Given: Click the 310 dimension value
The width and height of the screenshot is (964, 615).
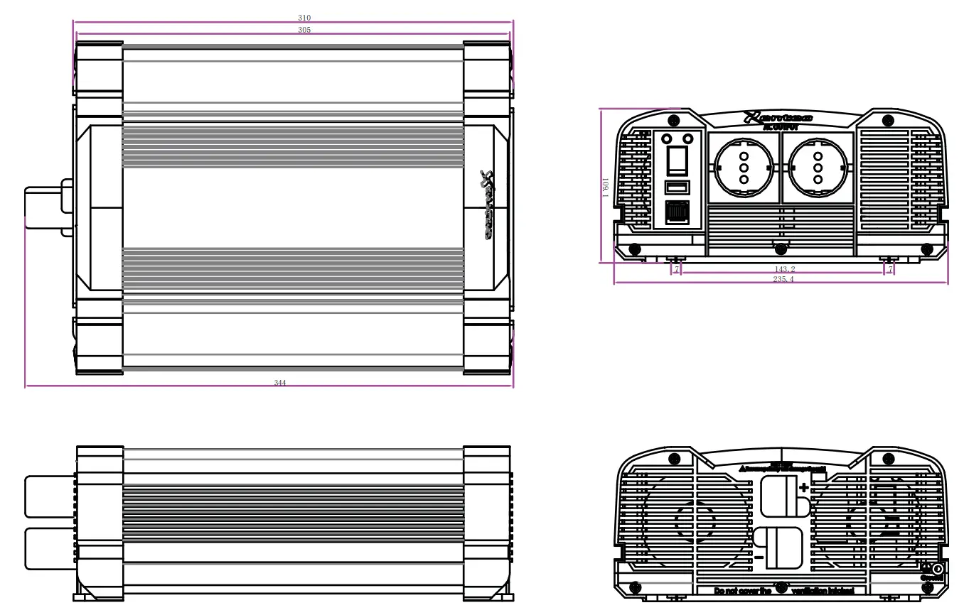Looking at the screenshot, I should tap(304, 17).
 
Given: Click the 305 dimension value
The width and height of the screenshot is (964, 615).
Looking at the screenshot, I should tap(304, 30).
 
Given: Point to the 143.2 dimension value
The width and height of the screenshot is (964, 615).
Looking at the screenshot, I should tap(784, 270).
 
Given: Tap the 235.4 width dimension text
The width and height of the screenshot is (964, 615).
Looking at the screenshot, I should tap(784, 280).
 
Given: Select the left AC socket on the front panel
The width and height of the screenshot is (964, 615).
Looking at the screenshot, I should tap(744, 168).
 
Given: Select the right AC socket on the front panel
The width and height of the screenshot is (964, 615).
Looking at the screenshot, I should tap(818, 168).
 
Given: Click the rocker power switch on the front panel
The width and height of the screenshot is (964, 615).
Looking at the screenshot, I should tap(677, 160).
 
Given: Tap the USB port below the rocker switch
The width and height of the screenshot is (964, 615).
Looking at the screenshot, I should tap(677, 187).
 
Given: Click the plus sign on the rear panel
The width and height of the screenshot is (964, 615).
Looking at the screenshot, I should tap(804, 487).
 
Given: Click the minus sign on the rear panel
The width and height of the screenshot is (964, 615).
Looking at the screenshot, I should tap(759, 557).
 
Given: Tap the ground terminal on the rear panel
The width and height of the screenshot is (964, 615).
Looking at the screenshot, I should tap(937, 569).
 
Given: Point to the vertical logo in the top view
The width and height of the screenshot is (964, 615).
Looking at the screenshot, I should tap(487, 206).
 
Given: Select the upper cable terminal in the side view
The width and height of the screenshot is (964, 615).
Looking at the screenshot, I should tap(50, 496).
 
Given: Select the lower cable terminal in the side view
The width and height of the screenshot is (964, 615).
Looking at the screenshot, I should tap(50, 548).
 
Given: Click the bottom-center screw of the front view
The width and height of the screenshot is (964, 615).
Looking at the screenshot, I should tap(781, 249).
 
